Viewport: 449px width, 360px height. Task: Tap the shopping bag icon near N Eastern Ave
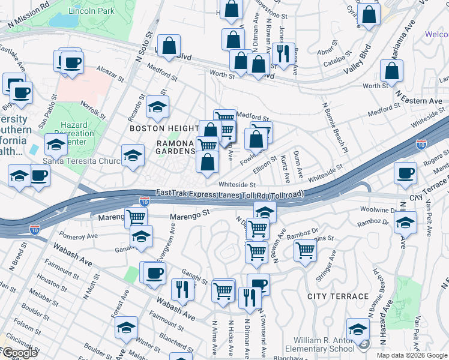coord(391,71)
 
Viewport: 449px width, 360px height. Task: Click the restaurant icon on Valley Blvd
coord(280,53)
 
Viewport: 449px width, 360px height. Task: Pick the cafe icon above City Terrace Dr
coord(405,173)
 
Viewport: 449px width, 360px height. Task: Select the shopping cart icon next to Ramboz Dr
coord(306,249)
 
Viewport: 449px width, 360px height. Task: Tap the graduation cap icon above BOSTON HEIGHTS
coord(157,107)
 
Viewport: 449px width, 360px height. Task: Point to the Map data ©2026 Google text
coord(411,355)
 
